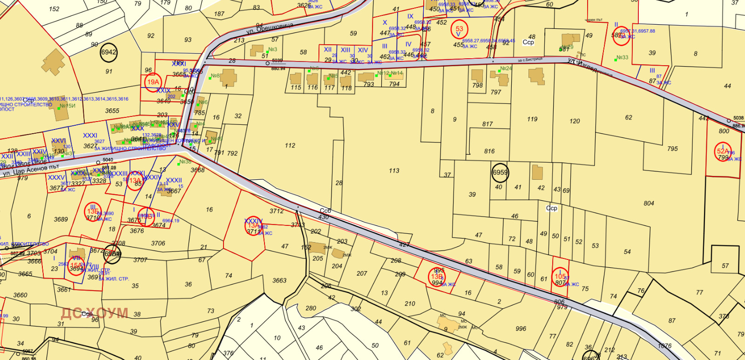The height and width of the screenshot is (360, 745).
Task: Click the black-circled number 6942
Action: pos(108,53)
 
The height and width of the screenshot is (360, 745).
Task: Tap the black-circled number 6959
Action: pos(500,172)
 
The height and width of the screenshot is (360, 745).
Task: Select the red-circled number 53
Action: pos(459,30)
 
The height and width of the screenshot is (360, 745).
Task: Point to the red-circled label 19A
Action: pos(153,82)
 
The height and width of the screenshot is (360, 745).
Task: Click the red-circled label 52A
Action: pos(722,151)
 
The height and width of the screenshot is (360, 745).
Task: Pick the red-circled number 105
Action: pos(560,276)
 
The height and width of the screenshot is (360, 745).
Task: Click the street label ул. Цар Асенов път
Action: pos(31,170)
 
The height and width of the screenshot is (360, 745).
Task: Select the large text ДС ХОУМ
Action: pos(95,313)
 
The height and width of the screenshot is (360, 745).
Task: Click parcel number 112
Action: pos(290,146)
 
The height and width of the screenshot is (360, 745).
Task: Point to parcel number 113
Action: pos(394,171)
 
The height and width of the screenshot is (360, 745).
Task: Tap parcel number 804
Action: pos(649,204)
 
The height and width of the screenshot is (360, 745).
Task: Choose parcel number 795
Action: pos(672,149)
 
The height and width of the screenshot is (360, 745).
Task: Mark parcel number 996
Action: pos(521,329)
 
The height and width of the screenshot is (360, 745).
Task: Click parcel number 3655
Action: pos(112,111)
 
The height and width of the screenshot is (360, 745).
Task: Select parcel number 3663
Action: pos(279,280)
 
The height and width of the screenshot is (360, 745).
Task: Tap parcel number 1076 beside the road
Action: pos(664,346)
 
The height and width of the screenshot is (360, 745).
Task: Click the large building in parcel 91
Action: pos(54,62)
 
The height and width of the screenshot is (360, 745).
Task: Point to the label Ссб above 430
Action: pos(325,211)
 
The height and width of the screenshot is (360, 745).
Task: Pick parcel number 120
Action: pos(575,121)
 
